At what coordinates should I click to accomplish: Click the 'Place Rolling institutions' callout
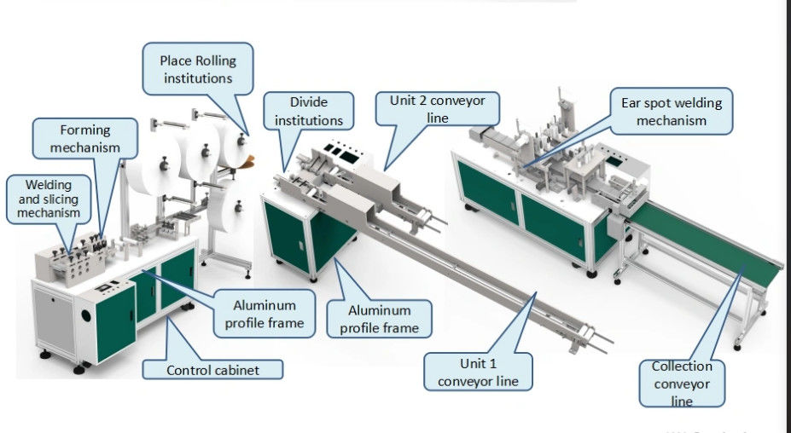[x=198, y=69]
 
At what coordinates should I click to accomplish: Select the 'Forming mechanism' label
[x=84, y=139]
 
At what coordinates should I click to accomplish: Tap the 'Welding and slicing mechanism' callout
[x=49, y=199]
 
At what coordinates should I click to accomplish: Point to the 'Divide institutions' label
[x=308, y=112]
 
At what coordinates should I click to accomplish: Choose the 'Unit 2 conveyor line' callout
[x=437, y=109]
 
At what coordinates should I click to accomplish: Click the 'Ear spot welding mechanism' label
[x=671, y=112]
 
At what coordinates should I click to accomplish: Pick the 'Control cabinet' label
[x=212, y=370]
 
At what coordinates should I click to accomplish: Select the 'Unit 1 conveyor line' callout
[x=478, y=372]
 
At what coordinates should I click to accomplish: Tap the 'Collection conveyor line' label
[x=682, y=383]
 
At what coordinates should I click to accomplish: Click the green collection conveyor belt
[x=707, y=242]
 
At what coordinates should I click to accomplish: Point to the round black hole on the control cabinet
[x=86, y=316]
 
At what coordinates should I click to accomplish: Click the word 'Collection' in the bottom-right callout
[x=682, y=367]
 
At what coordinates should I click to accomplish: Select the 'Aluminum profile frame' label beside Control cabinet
[x=264, y=314]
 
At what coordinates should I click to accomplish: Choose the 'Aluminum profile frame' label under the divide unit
[x=379, y=319]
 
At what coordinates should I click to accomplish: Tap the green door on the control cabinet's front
[x=115, y=321]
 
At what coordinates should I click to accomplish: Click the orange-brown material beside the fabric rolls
[x=248, y=161]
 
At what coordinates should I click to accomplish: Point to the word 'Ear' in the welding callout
[x=630, y=103]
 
